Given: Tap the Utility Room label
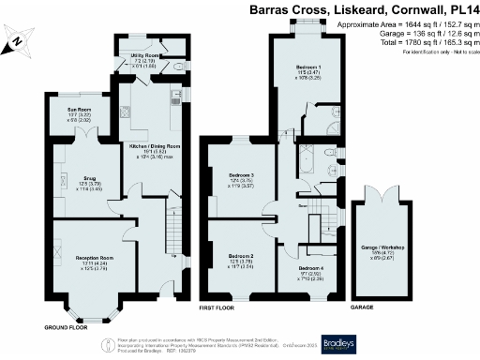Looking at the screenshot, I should (130, 57).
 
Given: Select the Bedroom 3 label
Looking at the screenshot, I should (241, 175).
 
